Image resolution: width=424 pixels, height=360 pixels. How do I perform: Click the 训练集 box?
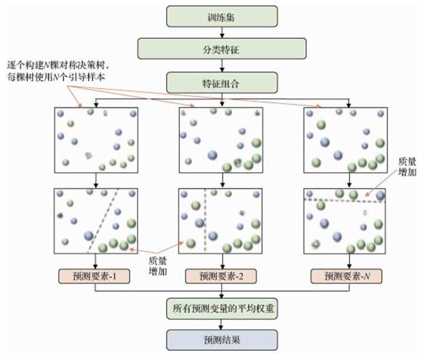222,16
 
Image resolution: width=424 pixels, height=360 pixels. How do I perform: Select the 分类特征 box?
222,49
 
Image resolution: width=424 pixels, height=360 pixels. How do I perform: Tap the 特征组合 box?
222,82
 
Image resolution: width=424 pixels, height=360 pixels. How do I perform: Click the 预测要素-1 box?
95,276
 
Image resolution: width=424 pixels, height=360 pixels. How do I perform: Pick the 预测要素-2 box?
222,276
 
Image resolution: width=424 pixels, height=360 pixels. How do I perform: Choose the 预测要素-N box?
347,276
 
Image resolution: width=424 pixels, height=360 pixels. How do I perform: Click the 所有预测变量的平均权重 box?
222,308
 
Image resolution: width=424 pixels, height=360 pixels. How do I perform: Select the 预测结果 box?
222,339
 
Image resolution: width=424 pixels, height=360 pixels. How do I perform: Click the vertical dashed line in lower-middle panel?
205,221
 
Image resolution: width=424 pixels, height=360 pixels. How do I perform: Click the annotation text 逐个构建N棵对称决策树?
58,64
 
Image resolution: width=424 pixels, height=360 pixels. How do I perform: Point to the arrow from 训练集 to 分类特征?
222,33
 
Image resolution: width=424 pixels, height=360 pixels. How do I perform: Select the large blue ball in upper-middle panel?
212,155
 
